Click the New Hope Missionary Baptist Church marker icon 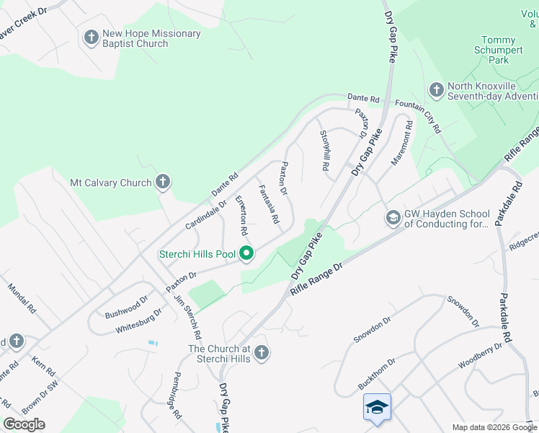click(91, 37)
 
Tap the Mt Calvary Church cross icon click(163, 182)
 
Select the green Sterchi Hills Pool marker click(246, 253)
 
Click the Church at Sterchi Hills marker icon click(262, 353)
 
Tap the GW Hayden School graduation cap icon click(393, 217)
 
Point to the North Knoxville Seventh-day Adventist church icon click(436, 89)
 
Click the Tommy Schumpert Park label click(498, 50)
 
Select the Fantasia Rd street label click(269, 204)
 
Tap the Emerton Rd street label click(242, 215)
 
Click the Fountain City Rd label click(419, 115)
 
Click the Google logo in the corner click(24, 424)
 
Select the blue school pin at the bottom click(378, 408)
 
